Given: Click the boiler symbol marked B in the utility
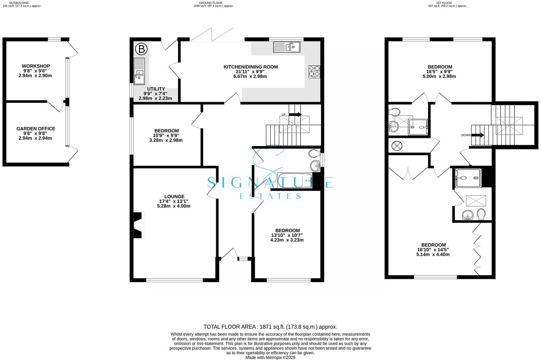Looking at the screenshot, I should tap(141, 49).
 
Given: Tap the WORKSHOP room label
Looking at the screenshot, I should tap(36, 66).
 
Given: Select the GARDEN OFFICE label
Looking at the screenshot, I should tap(36, 129).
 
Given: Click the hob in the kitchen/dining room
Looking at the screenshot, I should tap(314, 72).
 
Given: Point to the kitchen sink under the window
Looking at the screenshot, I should tap(287, 47).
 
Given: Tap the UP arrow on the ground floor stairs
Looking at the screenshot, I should tap(295, 114).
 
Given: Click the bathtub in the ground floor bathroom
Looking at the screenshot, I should tap(295, 181).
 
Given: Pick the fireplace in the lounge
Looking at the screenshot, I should tap(138, 225).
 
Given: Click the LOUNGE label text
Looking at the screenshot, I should tap(174, 197).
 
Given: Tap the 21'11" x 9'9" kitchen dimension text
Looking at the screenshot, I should tap(250, 72).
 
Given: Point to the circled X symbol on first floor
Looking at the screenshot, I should tap(397, 145).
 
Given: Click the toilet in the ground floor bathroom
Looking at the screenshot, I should tap(314, 153).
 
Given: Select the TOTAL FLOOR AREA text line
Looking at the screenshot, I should tap(270, 327).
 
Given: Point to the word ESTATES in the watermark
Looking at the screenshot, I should tap(270, 196).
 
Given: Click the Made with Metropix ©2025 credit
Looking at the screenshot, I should tap(270, 358).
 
